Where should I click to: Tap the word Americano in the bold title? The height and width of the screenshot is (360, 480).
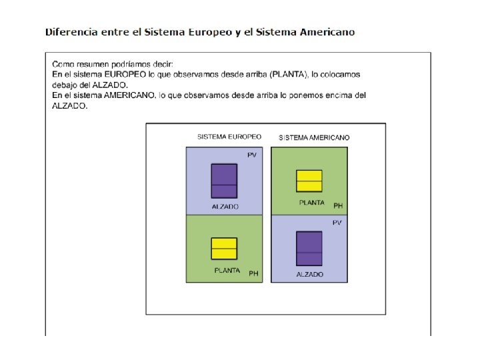[325, 32]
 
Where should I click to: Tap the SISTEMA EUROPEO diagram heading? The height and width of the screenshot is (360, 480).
[229, 137]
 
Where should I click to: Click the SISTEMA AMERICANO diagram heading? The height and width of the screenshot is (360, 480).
[314, 137]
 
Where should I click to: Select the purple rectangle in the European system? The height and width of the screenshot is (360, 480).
[224, 181]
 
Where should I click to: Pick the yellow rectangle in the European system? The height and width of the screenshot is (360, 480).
[224, 248]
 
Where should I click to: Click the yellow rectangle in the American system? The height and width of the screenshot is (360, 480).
[309, 180]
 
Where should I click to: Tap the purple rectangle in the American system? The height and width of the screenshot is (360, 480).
[309, 248]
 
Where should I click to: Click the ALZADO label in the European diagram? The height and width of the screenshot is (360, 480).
[225, 207]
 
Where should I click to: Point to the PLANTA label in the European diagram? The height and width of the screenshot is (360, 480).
[227, 271]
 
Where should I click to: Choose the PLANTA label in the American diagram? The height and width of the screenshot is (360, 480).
[312, 203]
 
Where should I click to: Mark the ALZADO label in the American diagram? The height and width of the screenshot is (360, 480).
[310, 274]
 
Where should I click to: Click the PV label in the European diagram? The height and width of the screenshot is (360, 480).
[251, 155]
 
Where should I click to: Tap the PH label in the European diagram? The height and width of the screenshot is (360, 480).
[253, 273]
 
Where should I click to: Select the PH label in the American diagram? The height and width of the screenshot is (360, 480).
[338, 206]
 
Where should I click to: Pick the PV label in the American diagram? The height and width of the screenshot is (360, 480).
[337, 223]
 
